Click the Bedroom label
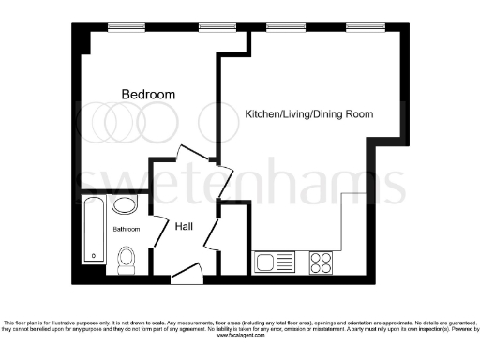pos(148,94)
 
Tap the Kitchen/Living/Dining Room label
pos(308,114)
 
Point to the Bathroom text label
pos(127,229)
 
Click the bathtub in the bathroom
pos(94,230)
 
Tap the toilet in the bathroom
pos(126,259)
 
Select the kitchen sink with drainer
pos(274,261)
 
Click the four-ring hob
pos(322,261)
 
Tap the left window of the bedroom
pos(125,26)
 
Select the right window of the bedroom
pos(215,26)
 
